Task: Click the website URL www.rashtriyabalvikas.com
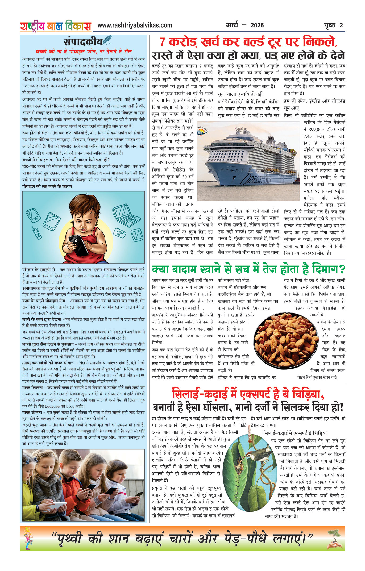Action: point(135,26)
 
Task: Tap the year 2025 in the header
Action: point(257,26)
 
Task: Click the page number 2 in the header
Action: point(341,26)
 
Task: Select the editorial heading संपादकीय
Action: point(83,42)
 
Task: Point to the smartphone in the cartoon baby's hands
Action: point(79,244)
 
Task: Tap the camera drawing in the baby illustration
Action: point(120,233)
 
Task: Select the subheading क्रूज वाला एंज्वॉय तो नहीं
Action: point(240,94)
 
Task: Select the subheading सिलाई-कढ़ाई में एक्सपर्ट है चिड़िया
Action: point(295,433)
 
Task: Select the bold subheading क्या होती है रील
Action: point(35,133)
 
